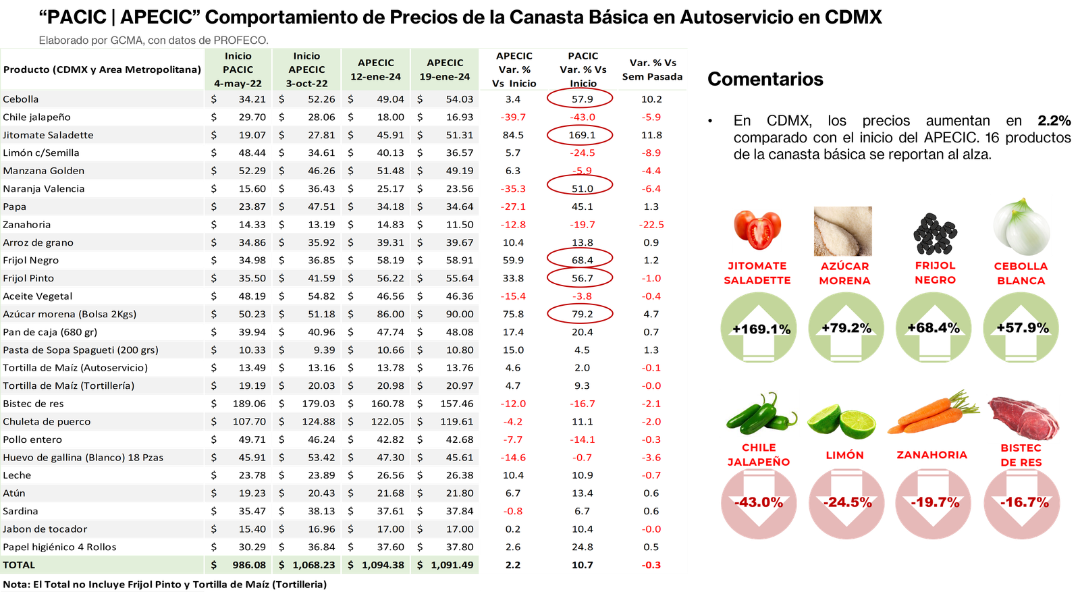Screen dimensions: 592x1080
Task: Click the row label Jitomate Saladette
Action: tap(49, 135)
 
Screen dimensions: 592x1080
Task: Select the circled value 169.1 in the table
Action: tap(580, 135)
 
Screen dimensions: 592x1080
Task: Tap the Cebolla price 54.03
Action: tap(459, 99)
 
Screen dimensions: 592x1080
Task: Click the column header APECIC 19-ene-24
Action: tap(444, 70)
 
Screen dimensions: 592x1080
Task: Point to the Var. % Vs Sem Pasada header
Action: tap(652, 70)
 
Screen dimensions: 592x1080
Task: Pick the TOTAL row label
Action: tap(19, 565)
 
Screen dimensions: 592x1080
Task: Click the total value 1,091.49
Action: tap(452, 565)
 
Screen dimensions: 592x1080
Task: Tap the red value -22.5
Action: tap(651, 225)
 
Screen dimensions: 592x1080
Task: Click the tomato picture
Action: tap(757, 230)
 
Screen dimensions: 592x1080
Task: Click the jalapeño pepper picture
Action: tap(759, 414)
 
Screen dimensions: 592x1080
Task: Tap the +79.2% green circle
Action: tap(846, 329)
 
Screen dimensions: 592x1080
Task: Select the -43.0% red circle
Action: tap(759, 503)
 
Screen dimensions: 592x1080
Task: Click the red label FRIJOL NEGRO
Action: tap(935, 273)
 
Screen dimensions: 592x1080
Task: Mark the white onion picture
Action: tap(1021, 225)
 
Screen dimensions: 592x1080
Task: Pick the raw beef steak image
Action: tap(1023, 419)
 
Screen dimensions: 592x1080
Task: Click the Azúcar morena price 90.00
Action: tap(459, 314)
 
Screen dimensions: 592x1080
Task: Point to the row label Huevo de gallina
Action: tap(82, 457)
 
